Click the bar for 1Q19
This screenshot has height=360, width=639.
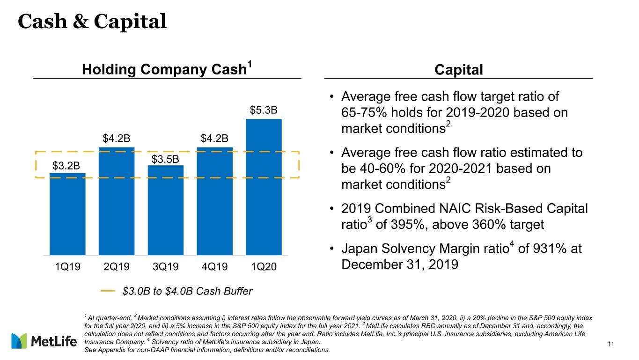click(67, 214)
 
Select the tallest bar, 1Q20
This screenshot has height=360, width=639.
click(264, 187)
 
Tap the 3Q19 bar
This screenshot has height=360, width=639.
click(165, 210)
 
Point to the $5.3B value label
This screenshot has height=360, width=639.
click(264, 110)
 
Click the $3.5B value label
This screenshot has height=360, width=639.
click(165, 159)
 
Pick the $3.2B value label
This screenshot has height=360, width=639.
click(66, 166)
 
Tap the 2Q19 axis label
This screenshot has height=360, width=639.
click(117, 267)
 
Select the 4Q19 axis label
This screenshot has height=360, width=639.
click(214, 267)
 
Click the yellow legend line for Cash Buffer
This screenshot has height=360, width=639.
click(108, 291)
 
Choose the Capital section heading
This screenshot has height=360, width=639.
click(459, 70)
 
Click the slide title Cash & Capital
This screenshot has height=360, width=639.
click(92, 22)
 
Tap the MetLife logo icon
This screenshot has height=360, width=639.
click(19, 341)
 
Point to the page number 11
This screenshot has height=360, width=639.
click(611, 344)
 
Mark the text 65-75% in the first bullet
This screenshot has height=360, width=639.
click(364, 112)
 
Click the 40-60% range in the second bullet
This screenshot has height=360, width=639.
click(382, 169)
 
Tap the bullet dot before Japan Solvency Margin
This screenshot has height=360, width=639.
click(331, 249)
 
